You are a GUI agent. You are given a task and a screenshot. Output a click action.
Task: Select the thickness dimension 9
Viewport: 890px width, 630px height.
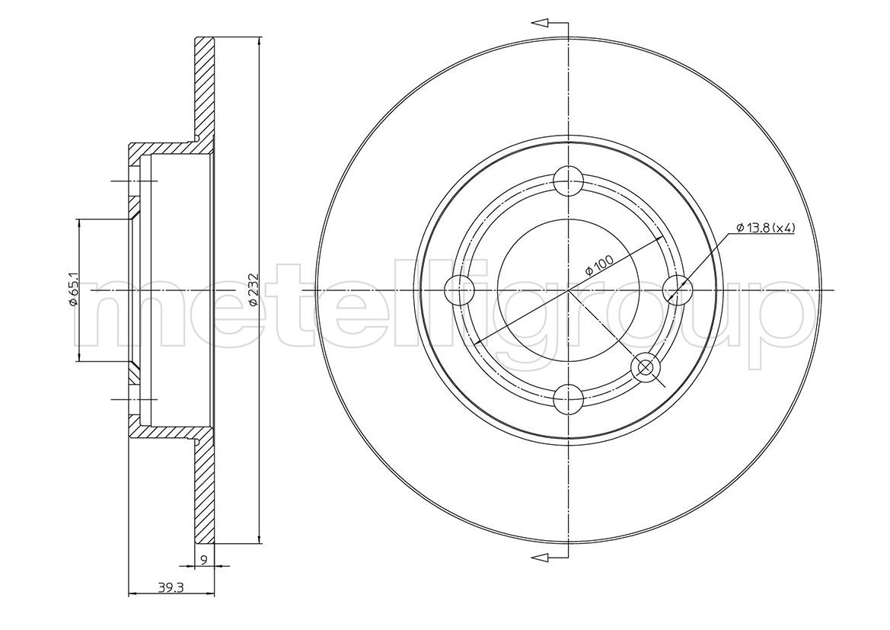(x=204, y=560)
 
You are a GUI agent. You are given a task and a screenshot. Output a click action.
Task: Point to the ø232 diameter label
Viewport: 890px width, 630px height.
(x=254, y=290)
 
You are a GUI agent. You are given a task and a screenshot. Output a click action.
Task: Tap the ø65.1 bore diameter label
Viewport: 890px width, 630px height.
(x=73, y=290)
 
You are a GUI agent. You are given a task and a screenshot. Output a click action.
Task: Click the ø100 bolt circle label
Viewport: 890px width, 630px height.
(x=599, y=268)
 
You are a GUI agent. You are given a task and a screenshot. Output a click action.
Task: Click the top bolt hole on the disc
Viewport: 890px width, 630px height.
(x=568, y=181)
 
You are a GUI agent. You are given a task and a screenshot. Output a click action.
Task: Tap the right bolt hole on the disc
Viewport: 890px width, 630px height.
(x=677, y=290)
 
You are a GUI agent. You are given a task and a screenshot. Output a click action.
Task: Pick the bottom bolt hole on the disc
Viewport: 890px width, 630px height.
(x=568, y=398)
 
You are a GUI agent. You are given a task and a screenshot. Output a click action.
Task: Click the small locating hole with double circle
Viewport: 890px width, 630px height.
(x=645, y=367)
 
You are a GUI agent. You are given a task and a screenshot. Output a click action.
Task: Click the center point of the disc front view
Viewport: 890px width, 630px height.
(x=568, y=290)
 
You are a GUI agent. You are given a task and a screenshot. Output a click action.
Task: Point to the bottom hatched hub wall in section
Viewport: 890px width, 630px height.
(x=164, y=432)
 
